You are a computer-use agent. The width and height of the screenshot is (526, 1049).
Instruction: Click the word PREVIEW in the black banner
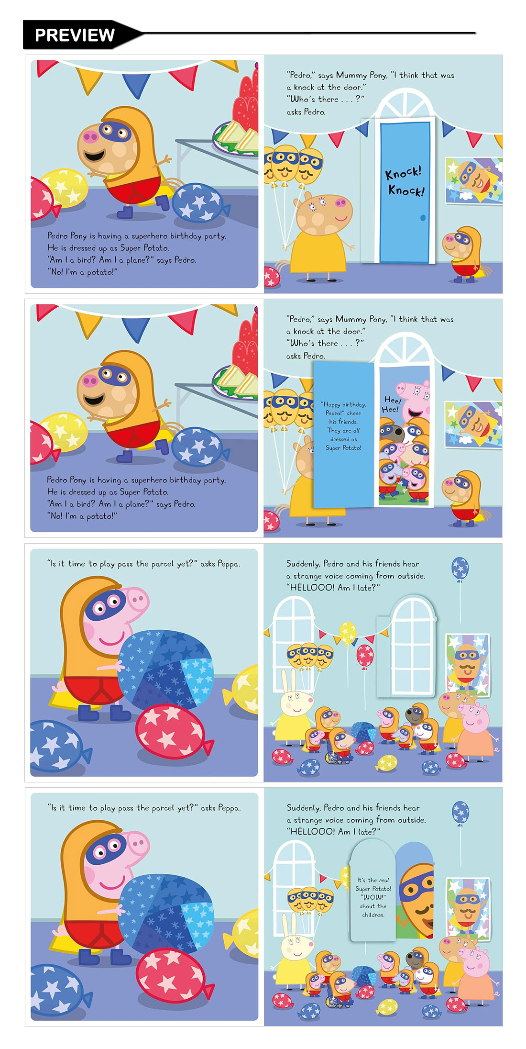pos(75,35)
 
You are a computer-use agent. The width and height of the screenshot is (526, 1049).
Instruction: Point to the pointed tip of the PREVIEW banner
pos(142,33)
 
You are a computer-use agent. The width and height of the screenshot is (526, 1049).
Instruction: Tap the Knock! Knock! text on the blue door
pos(405,181)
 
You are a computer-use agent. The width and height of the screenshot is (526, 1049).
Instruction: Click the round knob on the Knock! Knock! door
pos(423,218)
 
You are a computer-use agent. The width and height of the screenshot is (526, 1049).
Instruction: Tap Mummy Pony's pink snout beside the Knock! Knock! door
pos(341,203)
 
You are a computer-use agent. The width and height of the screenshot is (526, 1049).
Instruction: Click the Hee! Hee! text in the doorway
pos(391,404)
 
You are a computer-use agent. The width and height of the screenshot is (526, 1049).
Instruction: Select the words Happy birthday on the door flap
pos(343,404)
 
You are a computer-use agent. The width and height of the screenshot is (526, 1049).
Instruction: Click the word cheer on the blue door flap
pos(354,413)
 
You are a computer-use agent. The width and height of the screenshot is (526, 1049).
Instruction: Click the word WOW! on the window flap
pos(373,897)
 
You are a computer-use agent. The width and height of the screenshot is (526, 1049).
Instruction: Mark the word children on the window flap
pos(373,915)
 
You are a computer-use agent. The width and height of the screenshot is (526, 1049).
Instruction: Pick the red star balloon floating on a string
pos(365,655)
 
